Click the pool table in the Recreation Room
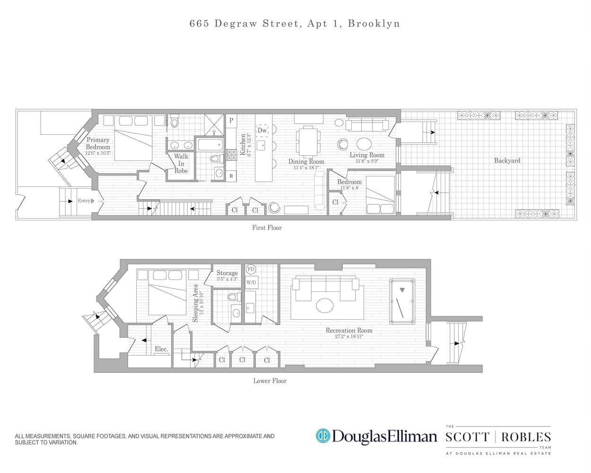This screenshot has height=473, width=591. [402, 301]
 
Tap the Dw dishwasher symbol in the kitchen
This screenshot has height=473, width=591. [262, 131]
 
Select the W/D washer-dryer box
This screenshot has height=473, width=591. [251, 283]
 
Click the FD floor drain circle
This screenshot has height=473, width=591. [251, 270]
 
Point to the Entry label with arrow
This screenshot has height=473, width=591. [86, 201]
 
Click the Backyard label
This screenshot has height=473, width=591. [507, 161]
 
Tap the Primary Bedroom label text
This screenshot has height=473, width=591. [98, 143]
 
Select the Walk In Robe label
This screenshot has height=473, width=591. [181, 163]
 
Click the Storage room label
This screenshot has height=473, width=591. [227, 273]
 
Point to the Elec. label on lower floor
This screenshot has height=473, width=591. [161, 349]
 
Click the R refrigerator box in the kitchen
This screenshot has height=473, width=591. [231, 176]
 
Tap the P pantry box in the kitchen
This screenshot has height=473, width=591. [231, 121]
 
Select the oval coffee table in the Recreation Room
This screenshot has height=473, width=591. [325, 306]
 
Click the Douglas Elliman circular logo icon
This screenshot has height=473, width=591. [323, 436]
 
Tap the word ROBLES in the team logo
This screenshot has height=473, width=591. [526, 437]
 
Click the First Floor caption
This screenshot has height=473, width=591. [267, 228]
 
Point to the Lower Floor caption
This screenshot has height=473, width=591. [270, 381]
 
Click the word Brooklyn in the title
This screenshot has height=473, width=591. [374, 24]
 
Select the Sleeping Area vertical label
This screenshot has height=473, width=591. [196, 303]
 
